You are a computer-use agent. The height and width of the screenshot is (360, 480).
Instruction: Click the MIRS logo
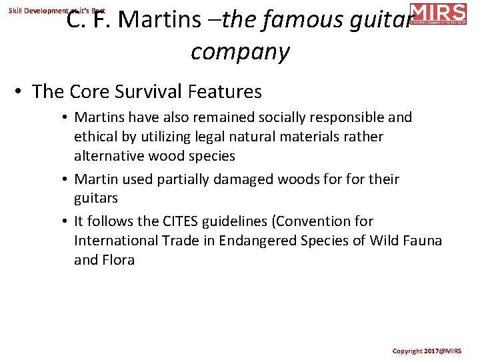point(438,13)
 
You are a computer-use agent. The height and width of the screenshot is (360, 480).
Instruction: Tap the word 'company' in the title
point(240,51)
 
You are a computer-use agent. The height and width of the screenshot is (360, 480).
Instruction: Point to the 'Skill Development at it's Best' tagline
point(57,11)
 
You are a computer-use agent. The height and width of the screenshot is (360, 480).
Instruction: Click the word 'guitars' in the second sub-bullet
point(96,198)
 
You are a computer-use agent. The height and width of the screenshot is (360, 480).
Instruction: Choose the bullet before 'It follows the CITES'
point(66,221)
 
